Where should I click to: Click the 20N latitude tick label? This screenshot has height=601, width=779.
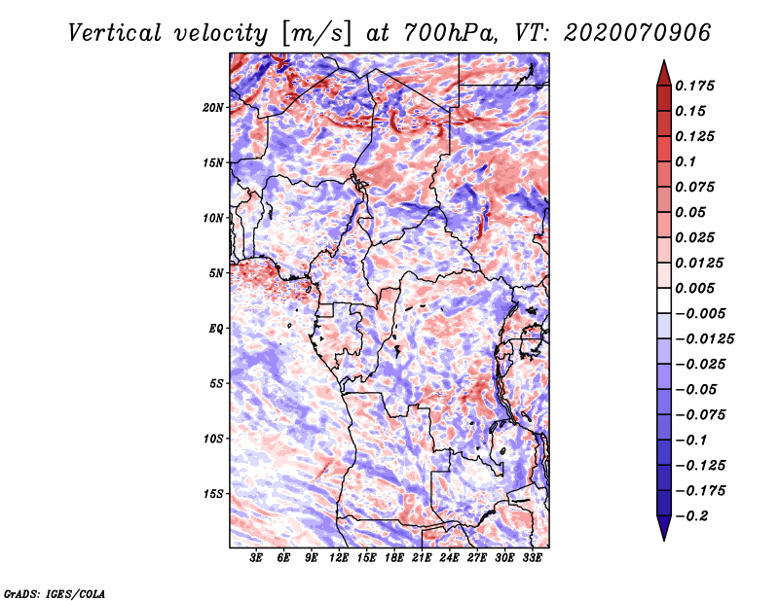point(213,107)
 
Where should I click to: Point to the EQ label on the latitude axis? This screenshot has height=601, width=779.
point(216,329)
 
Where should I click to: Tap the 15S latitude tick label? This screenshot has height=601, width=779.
point(213,494)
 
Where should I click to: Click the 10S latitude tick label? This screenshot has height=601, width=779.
point(213,439)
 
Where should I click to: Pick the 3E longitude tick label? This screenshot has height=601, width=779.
point(257,559)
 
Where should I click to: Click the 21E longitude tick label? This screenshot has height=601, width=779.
point(422,559)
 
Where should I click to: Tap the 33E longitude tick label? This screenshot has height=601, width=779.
point(532,559)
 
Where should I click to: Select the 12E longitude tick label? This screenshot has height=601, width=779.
point(339,559)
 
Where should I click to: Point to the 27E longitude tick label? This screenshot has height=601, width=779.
point(477,559)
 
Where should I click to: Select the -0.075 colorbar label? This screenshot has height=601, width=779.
point(703,414)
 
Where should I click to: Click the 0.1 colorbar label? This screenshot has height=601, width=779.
point(689,161)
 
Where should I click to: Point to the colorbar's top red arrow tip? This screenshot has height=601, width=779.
point(663,63)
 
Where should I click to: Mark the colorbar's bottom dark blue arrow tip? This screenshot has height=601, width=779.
point(663,537)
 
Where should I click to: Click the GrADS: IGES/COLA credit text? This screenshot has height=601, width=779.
point(54,592)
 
